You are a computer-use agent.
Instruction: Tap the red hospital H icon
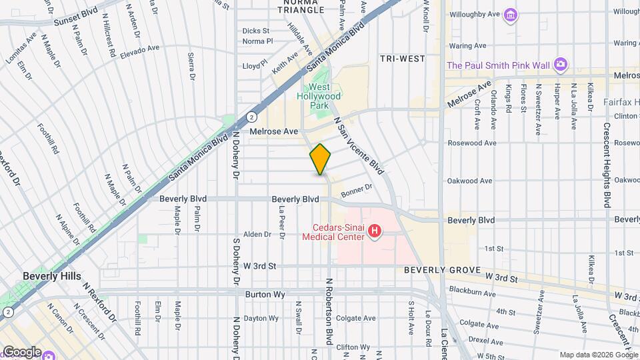[x=375, y=231]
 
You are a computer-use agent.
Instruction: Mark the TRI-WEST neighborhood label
[x=402, y=59]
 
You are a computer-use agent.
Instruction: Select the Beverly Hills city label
[x=51, y=276]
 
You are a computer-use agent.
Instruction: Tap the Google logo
[x=21, y=351]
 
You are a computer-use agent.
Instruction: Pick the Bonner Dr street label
[x=355, y=192]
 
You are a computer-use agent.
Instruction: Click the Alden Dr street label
[x=257, y=234]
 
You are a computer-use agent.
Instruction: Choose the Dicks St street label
[x=255, y=31]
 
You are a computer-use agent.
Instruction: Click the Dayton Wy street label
[x=260, y=319]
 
